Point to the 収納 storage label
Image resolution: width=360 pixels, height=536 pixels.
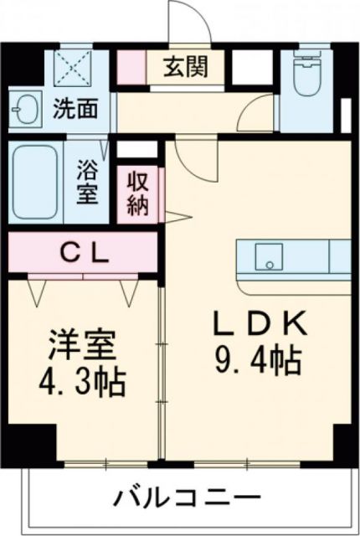pyautogui.click(x=138, y=194)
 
